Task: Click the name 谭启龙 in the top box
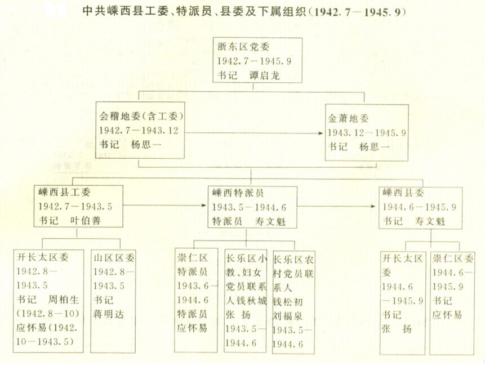265,75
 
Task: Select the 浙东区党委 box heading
243,47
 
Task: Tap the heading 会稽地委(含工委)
141,116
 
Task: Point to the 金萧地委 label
348,118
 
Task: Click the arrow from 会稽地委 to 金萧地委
253,133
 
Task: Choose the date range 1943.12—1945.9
367,133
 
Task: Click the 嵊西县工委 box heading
64,192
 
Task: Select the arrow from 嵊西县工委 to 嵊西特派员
164,206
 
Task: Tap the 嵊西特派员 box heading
238,193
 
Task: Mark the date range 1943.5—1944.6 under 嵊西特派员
249,207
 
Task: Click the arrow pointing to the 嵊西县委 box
336,206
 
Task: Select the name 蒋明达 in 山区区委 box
109,314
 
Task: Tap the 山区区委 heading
114,257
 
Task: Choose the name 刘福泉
288,316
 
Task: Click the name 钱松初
288,302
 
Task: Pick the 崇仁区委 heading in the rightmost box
453,258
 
